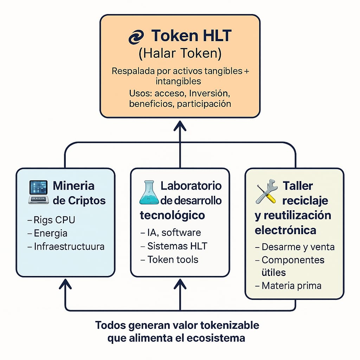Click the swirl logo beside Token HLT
pyautogui.click(x=136, y=37)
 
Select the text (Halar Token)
pyautogui.click(x=180, y=53)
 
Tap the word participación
pyautogui.click(x=204, y=104)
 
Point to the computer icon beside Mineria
pyautogui.click(x=39, y=192)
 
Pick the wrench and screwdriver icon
pyautogui.click(x=266, y=192)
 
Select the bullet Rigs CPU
pyautogui.click(x=51, y=220)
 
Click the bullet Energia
pyautogui.click(x=47, y=233)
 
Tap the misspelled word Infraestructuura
pyautogui.click(x=69, y=246)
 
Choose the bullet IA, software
pyautogui.click(x=171, y=233)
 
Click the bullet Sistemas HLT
pyautogui.click(x=174, y=246)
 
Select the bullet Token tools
pyautogui.click(x=169, y=260)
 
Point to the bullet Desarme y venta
pyautogui.click(x=295, y=247)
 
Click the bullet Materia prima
pyautogui.click(x=288, y=286)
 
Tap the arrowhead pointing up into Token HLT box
pyautogui.click(x=180, y=126)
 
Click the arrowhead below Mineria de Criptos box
pyautogui.click(x=65, y=284)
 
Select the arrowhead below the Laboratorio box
pyautogui.click(x=180, y=284)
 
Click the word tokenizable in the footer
pyautogui.click(x=230, y=325)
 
